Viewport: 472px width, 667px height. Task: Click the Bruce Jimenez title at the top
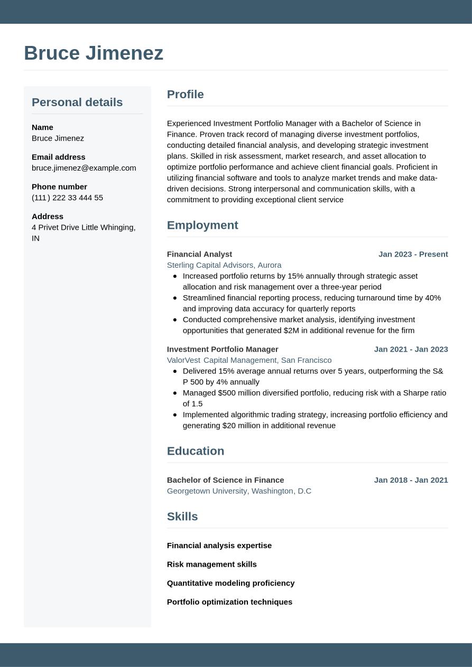pyautogui.click(x=94, y=53)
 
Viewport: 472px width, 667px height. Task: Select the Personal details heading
pyautogui.click(x=77, y=102)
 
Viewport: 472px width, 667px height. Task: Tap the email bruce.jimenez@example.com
pyautogui.click(x=84, y=168)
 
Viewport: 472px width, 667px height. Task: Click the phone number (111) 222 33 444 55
pyautogui.click(x=67, y=198)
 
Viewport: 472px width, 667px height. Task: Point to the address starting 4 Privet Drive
pyautogui.click(x=84, y=232)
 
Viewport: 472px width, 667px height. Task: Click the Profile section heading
pyautogui.click(x=185, y=94)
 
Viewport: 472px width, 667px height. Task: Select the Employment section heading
pyautogui.click(x=202, y=225)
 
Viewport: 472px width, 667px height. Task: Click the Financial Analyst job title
pyautogui.click(x=199, y=254)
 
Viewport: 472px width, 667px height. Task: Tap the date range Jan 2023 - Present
pyautogui.click(x=413, y=254)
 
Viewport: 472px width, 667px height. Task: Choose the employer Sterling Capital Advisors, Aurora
pyautogui.click(x=224, y=265)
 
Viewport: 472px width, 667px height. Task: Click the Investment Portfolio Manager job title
pyautogui.click(x=223, y=349)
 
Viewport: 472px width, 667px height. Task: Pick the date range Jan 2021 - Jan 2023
pyautogui.click(x=411, y=349)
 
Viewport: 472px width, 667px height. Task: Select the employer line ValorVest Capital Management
pyautogui.click(x=249, y=360)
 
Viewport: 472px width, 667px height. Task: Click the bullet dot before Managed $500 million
pyautogui.click(x=175, y=393)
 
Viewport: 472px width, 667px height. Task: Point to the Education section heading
pyautogui.click(x=196, y=451)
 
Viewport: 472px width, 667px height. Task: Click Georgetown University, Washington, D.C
pyautogui.click(x=239, y=491)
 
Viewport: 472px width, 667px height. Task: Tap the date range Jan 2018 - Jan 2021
pyautogui.click(x=411, y=480)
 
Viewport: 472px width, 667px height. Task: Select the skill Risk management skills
pyautogui.click(x=211, y=564)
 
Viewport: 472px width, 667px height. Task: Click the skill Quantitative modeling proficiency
pyautogui.click(x=230, y=583)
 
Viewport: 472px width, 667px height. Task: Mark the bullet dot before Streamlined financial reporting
pyautogui.click(x=175, y=298)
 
